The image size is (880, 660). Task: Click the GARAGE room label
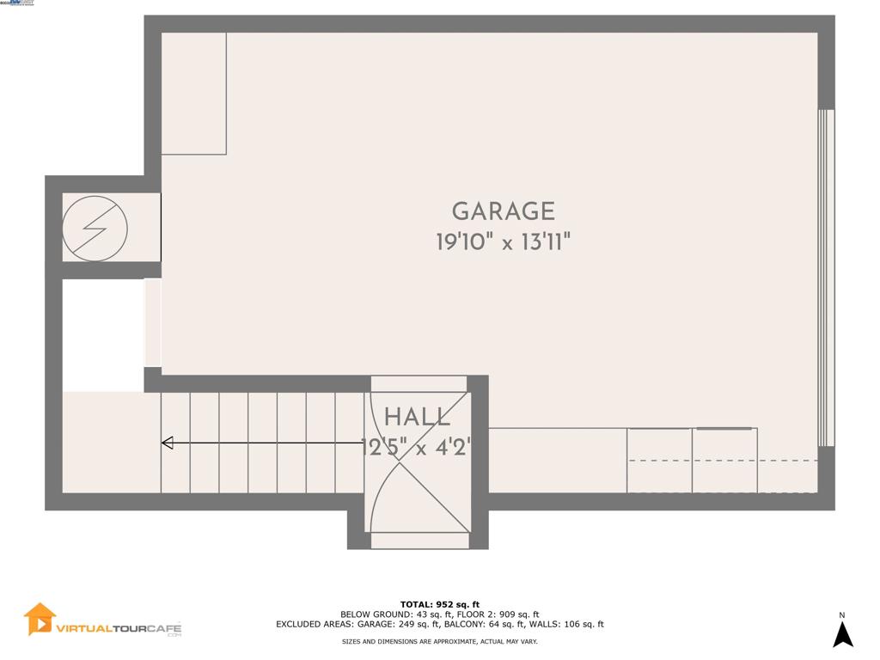[504, 211]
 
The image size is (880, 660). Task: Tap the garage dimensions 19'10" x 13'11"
[504, 242]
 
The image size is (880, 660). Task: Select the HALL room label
[417, 418]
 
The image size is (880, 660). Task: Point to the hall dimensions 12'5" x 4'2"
[417, 447]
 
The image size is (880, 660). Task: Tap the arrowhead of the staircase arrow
[168, 443]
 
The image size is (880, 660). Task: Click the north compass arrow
[843, 634]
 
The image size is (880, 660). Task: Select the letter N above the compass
[842, 614]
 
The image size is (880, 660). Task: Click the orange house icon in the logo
[40, 619]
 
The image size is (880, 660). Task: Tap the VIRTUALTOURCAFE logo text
[119, 628]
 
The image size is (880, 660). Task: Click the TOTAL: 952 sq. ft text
[440, 604]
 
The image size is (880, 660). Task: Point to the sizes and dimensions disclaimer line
[440, 642]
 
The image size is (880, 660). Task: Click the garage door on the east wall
[826, 278]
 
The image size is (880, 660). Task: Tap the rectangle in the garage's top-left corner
[193, 94]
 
